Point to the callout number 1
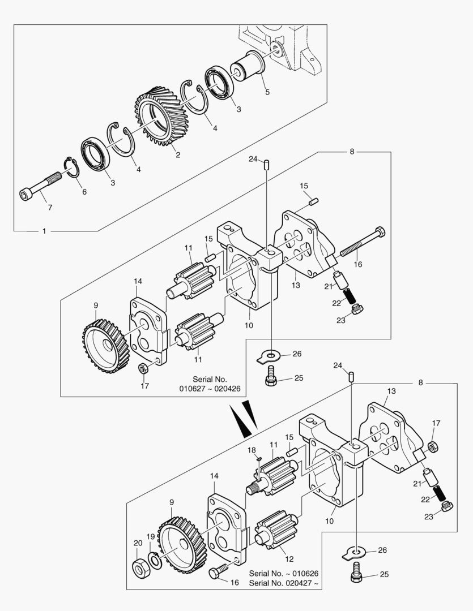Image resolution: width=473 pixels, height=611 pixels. (x=44, y=231)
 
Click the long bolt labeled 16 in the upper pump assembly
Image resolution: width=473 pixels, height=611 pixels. (x=363, y=242)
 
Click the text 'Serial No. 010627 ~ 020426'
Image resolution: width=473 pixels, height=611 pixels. (x=210, y=384)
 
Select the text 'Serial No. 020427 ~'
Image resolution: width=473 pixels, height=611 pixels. (x=283, y=583)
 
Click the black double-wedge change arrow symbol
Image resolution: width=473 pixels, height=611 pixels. (x=244, y=418)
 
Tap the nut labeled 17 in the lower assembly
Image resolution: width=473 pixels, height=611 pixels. (x=432, y=446)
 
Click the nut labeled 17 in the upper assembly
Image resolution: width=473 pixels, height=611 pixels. (x=143, y=368)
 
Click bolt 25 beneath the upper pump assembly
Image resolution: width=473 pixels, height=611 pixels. (x=271, y=376)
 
